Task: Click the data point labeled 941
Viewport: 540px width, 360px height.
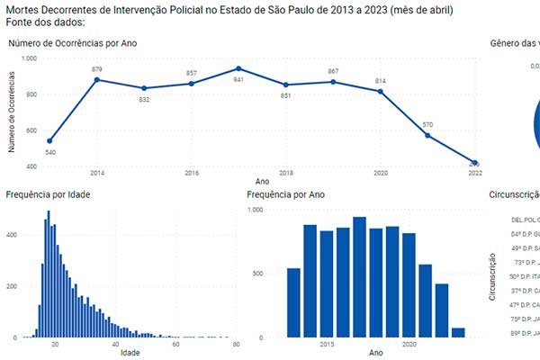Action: coord(238,68)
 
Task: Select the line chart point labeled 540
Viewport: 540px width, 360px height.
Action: coord(49,140)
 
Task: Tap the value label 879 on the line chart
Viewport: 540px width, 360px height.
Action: coord(97,69)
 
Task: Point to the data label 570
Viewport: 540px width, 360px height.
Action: coord(427,125)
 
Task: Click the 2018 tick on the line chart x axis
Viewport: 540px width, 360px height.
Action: coord(285,172)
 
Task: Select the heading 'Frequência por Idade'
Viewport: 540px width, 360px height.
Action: coord(47,194)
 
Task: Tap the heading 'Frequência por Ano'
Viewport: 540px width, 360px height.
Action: coord(286,194)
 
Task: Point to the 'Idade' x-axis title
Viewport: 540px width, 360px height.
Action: coord(130,352)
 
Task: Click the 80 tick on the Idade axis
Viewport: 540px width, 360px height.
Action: coord(236,344)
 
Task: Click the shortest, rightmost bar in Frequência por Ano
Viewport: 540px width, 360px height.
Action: coord(458,332)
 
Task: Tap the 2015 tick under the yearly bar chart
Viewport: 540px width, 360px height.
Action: coord(325,344)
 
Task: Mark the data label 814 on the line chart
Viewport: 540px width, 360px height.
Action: coord(380,81)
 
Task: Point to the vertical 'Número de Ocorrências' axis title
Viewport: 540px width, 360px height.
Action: coord(13,112)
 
